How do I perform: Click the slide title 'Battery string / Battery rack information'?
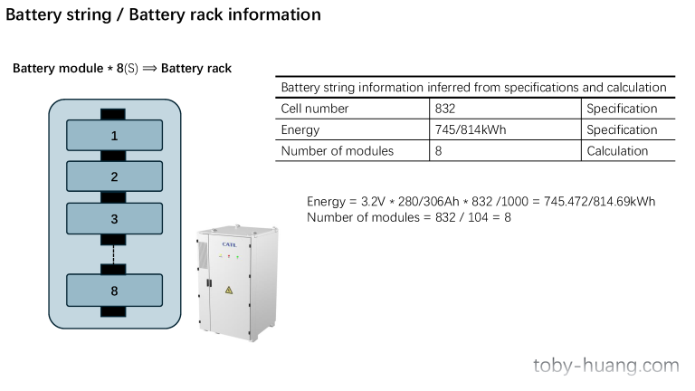[163, 14]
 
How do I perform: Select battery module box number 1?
[114, 136]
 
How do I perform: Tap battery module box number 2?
[114, 176]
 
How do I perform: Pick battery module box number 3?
[114, 218]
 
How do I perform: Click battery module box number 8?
[114, 290]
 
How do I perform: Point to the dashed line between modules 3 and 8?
[114, 254]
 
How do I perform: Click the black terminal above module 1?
[114, 114]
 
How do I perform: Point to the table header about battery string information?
[474, 88]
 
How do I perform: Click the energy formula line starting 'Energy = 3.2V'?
[481, 201]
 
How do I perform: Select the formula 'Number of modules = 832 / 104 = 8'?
[409, 217]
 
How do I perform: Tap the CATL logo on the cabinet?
[229, 243]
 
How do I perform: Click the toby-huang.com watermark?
[605, 366]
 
